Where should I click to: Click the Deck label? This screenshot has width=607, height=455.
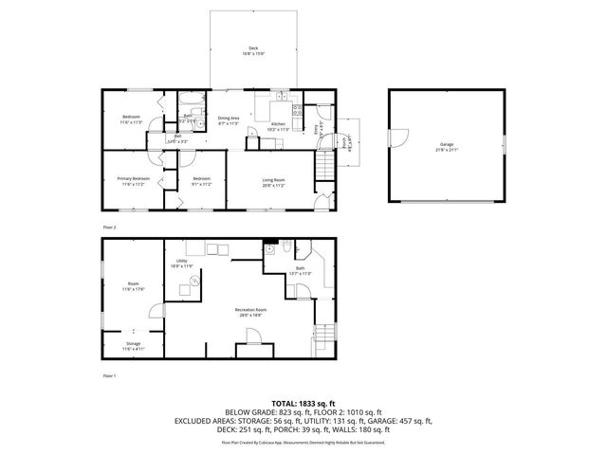point(253,50)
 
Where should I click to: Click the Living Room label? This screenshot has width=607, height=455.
point(274,182)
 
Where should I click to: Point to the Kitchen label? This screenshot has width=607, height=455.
point(279,126)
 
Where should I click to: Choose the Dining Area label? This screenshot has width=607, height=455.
point(229,120)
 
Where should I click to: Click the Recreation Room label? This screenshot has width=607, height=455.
point(251,312)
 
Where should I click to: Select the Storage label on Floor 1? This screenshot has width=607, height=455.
point(133,346)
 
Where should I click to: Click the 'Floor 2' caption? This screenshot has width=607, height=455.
point(109,227)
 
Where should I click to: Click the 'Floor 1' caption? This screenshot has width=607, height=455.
point(109,376)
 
